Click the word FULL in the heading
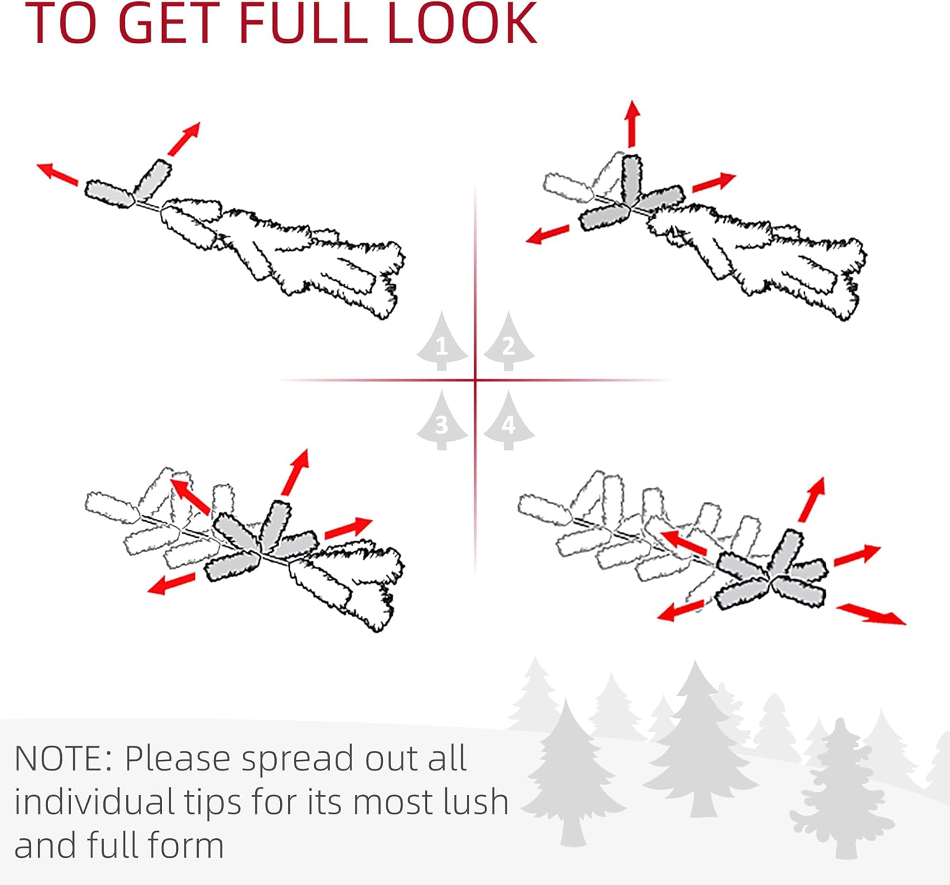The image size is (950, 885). (x=303, y=23)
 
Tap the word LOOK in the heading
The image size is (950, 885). (x=463, y=23)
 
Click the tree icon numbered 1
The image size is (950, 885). (x=442, y=341)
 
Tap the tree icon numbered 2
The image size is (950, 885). (x=509, y=341)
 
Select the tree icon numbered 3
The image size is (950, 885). (x=442, y=421)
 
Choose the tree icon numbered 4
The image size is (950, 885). (x=509, y=421)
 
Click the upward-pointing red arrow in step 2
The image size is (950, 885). (x=632, y=124)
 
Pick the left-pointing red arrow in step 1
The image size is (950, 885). (x=58, y=174)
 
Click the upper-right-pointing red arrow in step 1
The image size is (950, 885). (x=184, y=139)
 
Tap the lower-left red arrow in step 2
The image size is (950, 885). (x=547, y=234)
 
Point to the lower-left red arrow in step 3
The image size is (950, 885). (x=171, y=583)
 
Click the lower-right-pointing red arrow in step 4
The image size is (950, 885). (x=871, y=614)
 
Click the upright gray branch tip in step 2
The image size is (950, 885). (x=631, y=179)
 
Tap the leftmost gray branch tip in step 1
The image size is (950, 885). (x=110, y=194)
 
